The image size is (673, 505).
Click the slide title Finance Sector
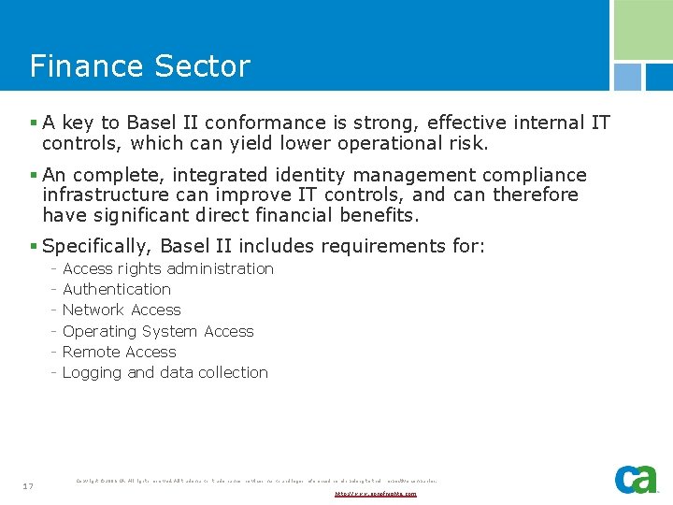click(140, 66)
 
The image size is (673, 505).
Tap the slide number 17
click(29, 485)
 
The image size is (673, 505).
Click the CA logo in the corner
click(636, 478)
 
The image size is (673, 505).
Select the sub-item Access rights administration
click(168, 268)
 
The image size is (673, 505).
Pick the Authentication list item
click(117, 290)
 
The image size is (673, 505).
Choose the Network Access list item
click(122, 310)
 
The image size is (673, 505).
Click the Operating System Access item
click(158, 331)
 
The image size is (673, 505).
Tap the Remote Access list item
click(119, 352)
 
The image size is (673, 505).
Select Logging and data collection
click(165, 372)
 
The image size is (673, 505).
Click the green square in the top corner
click(642, 30)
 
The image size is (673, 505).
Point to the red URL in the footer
click(376, 493)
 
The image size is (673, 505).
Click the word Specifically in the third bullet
click(96, 247)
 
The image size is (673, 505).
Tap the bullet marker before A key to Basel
click(34, 123)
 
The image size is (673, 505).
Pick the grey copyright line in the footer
click(256, 481)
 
